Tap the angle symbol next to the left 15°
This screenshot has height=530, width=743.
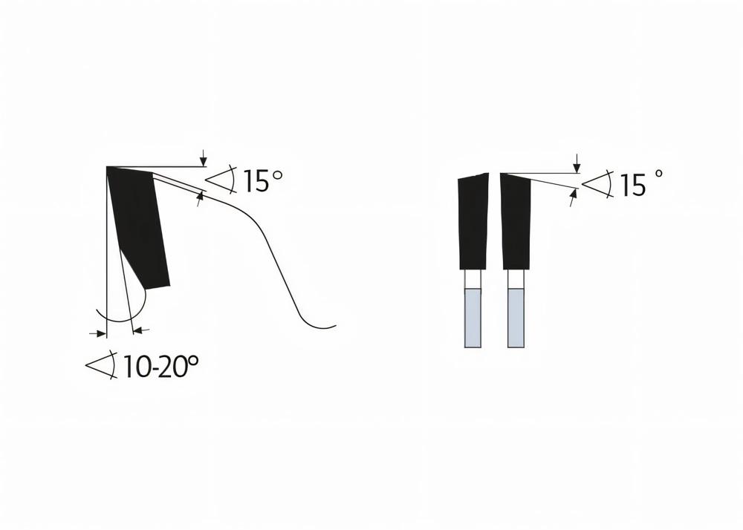click(221, 179)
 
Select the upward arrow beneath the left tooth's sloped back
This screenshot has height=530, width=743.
click(200, 197)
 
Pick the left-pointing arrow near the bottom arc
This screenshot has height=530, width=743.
click(142, 330)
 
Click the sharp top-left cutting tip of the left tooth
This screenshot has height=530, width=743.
click(108, 169)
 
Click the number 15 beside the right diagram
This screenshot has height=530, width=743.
click(633, 186)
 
